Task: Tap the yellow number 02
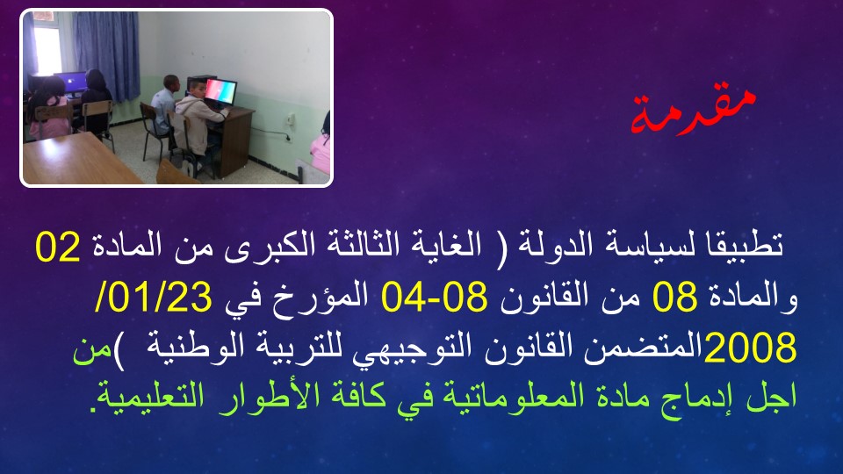coord(58,247)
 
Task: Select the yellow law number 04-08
coord(434,298)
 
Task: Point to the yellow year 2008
coord(750,348)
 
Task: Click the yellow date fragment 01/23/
coord(153,298)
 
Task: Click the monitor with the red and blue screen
coord(220,92)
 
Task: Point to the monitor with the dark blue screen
coord(70,84)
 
